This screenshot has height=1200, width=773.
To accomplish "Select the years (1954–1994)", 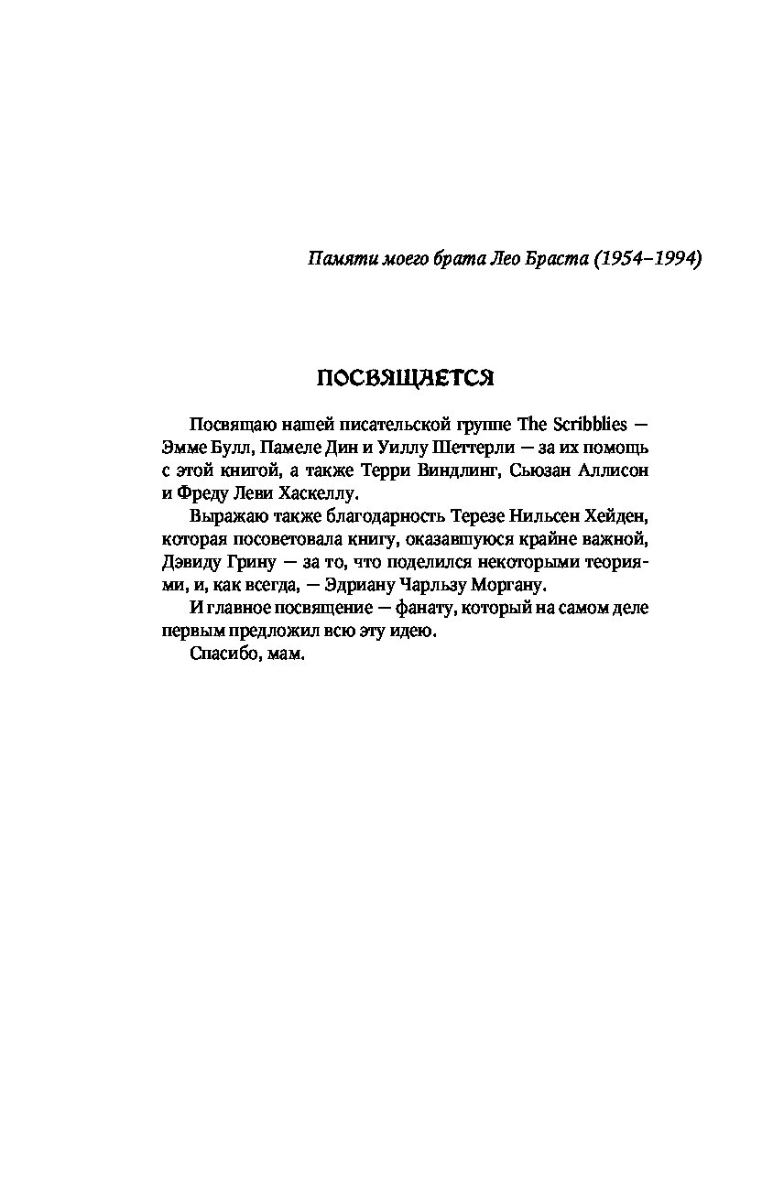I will pyautogui.click(x=647, y=259).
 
